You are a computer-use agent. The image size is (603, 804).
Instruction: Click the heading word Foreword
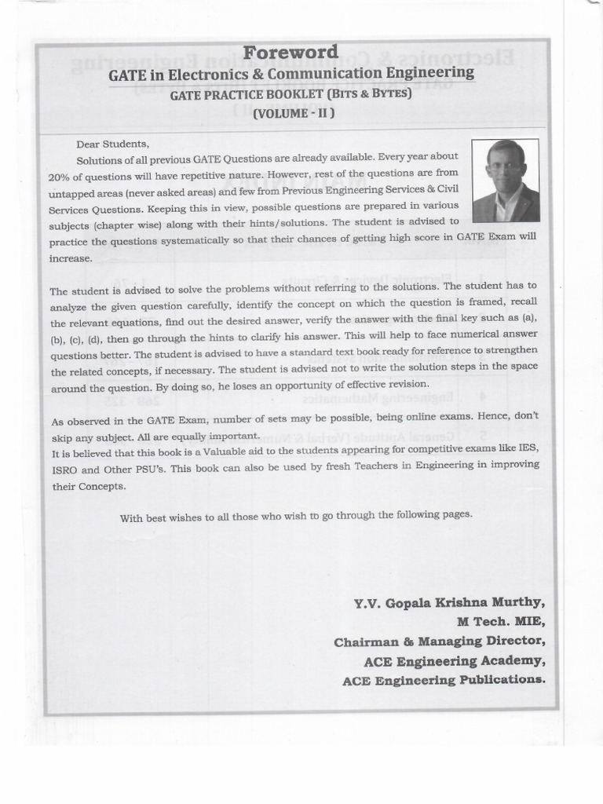pyautogui.click(x=291, y=53)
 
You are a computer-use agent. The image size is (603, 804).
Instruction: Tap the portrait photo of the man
pyautogui.click(x=505, y=181)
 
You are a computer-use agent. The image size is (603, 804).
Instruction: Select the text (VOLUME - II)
pyautogui.click(x=294, y=113)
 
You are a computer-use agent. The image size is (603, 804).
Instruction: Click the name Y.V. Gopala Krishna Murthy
pyautogui.click(x=448, y=603)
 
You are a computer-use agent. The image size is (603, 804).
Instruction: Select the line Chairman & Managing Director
pyautogui.click(x=439, y=641)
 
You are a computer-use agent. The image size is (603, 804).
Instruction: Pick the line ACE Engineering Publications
pyautogui.click(x=444, y=679)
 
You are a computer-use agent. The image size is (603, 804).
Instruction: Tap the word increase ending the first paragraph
pyautogui.click(x=71, y=258)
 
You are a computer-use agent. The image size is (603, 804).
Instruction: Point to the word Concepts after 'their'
pyautogui.click(x=101, y=487)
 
